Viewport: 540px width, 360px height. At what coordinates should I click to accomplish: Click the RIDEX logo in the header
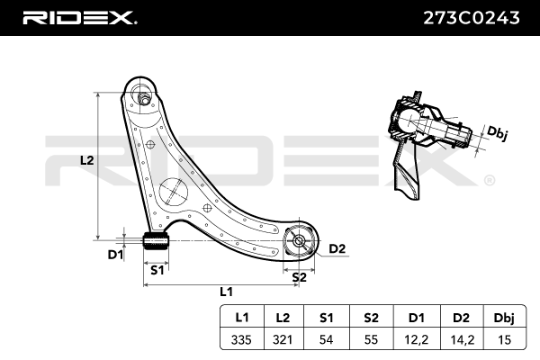(79, 17)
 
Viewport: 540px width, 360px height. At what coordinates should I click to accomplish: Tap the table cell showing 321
(283, 339)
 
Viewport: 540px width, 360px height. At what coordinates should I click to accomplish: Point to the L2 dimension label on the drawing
(86, 160)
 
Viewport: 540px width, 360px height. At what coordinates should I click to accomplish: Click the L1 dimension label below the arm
(227, 292)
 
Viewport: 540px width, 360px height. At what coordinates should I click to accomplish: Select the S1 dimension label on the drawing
(157, 270)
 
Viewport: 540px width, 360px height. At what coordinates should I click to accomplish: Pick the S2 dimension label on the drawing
(299, 277)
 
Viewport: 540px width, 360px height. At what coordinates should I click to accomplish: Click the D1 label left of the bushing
(114, 255)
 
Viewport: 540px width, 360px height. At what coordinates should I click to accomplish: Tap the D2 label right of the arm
(337, 248)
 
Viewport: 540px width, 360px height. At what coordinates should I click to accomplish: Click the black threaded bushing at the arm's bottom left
(157, 241)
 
